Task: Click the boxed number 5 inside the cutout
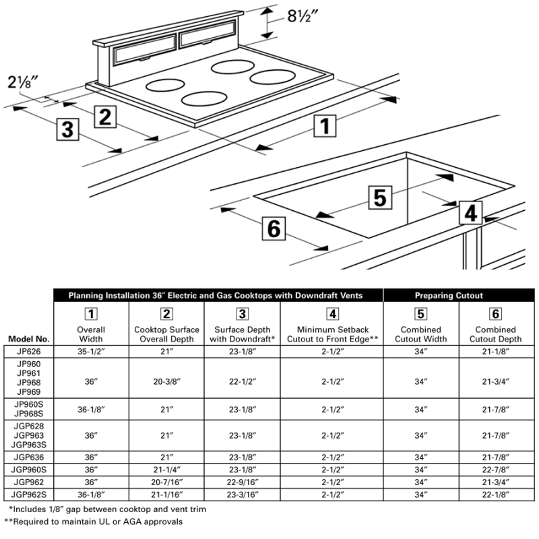(379, 197)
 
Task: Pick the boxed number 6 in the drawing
(274, 228)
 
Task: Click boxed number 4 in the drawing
(471, 213)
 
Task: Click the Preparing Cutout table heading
(458, 295)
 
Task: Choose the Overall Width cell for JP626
(90, 351)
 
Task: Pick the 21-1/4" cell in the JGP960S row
(167, 468)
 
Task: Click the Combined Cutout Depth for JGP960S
(497, 468)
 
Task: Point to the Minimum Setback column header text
(332, 334)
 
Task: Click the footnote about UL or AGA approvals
(94, 521)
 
